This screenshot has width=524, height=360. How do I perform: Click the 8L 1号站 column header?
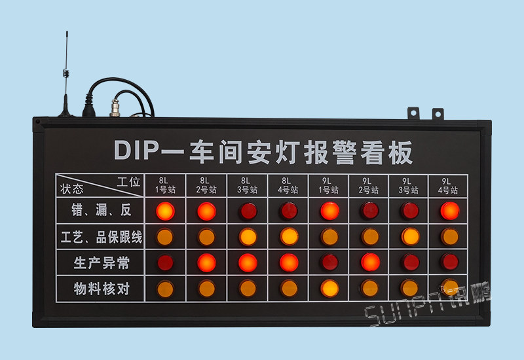click(x=165, y=186)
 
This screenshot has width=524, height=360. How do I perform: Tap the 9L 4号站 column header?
click(x=448, y=186)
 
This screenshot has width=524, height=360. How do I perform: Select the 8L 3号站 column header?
click(x=248, y=186)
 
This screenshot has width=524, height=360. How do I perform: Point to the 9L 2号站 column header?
click(x=368, y=186)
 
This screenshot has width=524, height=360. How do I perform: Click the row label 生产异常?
click(x=102, y=263)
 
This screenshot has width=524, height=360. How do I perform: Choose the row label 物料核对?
click(x=102, y=289)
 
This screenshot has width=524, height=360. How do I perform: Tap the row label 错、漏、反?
click(x=102, y=210)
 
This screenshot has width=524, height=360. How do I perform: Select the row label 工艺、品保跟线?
click(x=102, y=237)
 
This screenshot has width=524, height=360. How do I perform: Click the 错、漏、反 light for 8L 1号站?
click(x=166, y=211)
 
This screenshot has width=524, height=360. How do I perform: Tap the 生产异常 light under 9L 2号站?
click(x=370, y=262)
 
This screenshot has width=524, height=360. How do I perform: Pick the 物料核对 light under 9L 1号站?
click(x=329, y=289)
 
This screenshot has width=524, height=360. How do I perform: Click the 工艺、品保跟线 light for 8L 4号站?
click(x=289, y=237)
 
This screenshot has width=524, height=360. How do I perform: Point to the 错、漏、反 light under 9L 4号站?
click(x=450, y=211)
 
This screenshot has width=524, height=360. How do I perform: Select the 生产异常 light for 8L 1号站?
click(x=166, y=262)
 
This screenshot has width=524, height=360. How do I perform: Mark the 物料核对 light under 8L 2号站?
click(x=206, y=289)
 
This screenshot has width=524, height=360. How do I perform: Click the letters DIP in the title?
click(x=136, y=151)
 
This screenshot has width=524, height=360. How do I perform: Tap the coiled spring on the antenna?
click(x=66, y=73)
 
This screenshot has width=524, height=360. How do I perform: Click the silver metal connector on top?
click(x=115, y=108)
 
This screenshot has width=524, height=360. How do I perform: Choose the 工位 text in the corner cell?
click(x=128, y=182)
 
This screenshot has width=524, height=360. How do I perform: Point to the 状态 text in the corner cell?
click(x=71, y=189)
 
